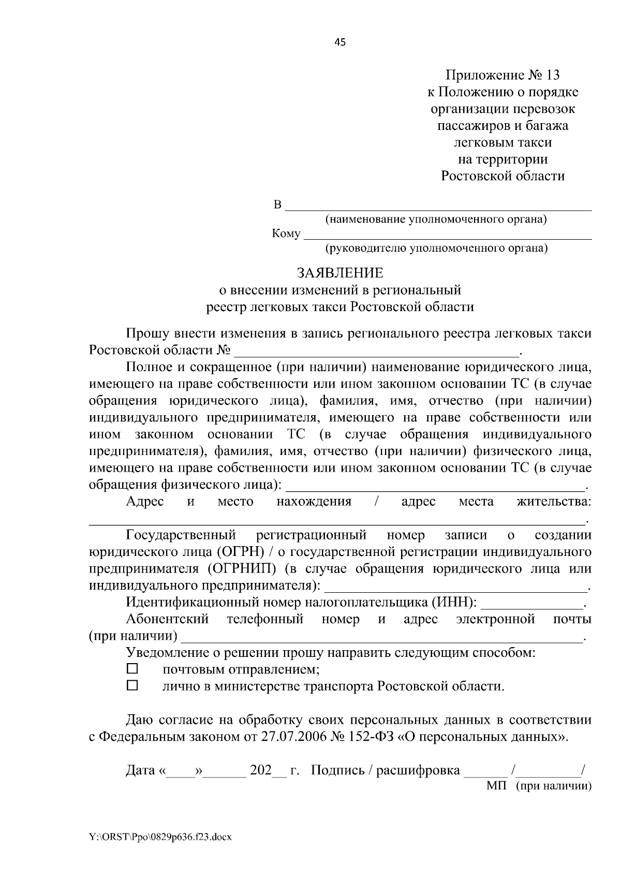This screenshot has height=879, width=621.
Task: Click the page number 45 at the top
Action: (340, 42)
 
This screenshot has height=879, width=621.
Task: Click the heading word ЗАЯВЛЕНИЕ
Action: (339, 273)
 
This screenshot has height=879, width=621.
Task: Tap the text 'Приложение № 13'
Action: (502, 76)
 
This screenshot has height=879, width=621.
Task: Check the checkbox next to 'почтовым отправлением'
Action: (132, 669)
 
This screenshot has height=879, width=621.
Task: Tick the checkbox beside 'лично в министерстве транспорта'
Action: (132, 686)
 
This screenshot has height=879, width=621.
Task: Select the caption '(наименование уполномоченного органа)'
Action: (436, 219)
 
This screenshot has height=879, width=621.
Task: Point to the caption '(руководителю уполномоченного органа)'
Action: (436, 248)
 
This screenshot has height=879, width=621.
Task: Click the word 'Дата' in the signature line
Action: (141, 771)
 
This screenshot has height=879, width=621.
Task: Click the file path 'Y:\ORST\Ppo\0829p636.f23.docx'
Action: (160, 837)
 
